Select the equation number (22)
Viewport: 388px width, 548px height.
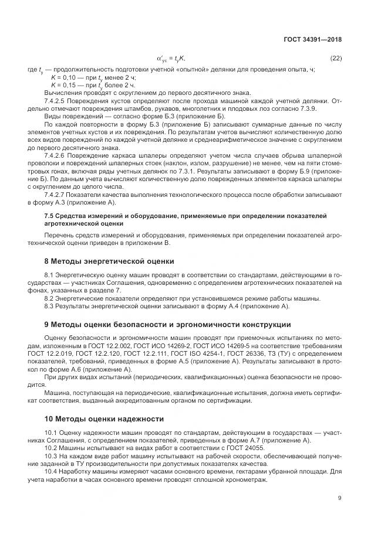pos(336,58)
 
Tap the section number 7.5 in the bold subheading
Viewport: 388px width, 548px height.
pos(50,216)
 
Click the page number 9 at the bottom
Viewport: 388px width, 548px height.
pos(340,499)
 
